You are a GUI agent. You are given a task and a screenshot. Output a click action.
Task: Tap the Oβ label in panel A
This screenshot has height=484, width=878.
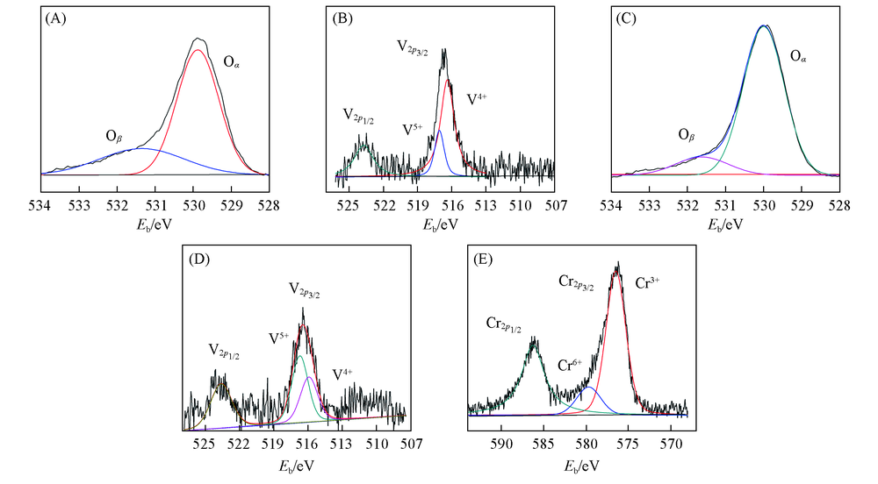coord(114,137)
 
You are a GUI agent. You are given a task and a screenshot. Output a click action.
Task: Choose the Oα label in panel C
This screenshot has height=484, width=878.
coord(799,58)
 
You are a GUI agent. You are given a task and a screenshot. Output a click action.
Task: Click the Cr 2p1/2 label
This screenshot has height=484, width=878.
coord(504,324)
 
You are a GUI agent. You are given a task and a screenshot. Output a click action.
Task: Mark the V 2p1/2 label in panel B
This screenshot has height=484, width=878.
coord(357,115)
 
